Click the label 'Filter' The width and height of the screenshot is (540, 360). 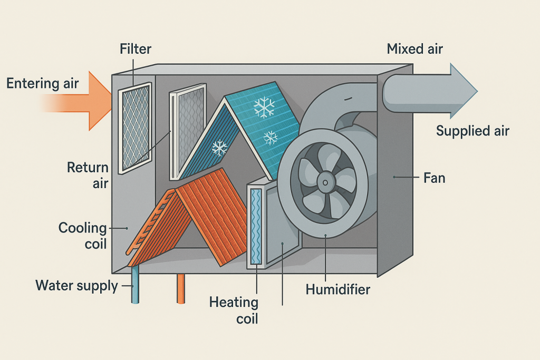click(x=136, y=50)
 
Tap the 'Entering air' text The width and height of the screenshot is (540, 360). click(x=43, y=83)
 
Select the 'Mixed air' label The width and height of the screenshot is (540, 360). click(x=414, y=50)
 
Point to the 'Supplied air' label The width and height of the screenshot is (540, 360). click(x=472, y=131)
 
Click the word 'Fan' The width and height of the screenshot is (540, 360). click(x=435, y=178)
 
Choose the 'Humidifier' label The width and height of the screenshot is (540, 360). click(x=338, y=289)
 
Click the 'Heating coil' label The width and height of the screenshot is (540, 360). click(x=234, y=310)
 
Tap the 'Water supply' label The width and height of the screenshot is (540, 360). click(x=76, y=286)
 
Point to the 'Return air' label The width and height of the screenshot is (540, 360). click(x=88, y=176)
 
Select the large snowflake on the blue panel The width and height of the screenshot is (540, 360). click(x=264, y=107)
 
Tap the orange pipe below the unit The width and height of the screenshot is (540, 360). click(x=181, y=288)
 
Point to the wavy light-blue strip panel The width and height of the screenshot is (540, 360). click(x=256, y=226)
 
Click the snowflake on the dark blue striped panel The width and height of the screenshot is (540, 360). click(x=219, y=148)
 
